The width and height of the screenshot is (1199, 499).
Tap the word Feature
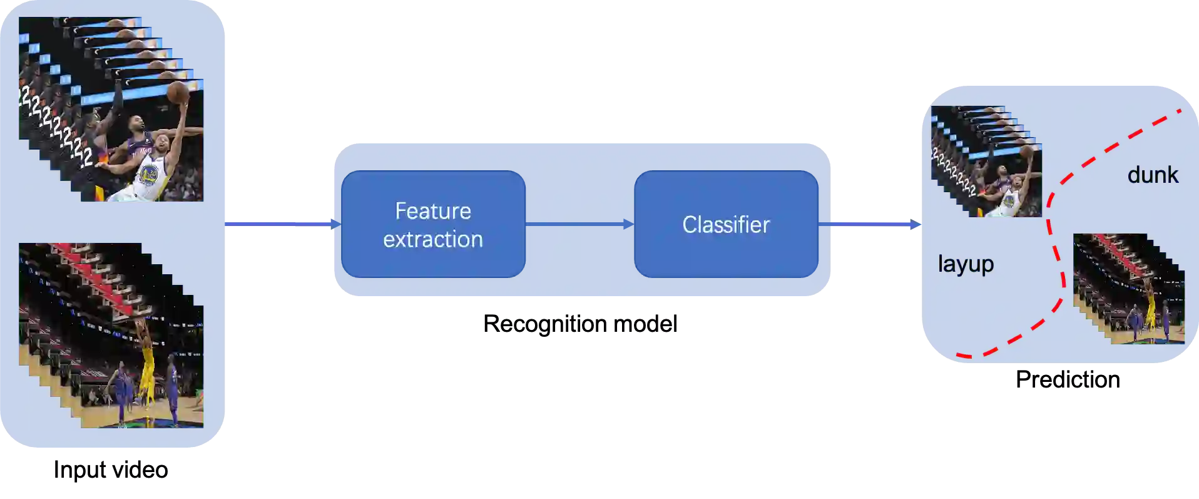click(x=433, y=211)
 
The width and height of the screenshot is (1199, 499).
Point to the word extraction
click(x=433, y=239)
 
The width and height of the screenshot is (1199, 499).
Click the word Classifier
click(x=726, y=225)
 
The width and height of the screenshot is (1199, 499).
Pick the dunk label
click(x=1152, y=175)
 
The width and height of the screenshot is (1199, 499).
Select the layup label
click(x=966, y=264)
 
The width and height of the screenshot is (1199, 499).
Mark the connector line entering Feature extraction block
click(x=278, y=224)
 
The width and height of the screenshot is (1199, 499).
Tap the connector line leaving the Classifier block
click(x=876, y=224)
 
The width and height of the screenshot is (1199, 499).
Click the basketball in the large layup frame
click(x=178, y=93)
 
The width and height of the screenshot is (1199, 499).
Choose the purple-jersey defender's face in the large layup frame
click(x=135, y=124)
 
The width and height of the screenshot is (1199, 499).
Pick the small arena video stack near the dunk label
click(x=1130, y=289)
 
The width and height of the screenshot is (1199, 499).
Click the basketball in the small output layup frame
click(x=1026, y=150)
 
